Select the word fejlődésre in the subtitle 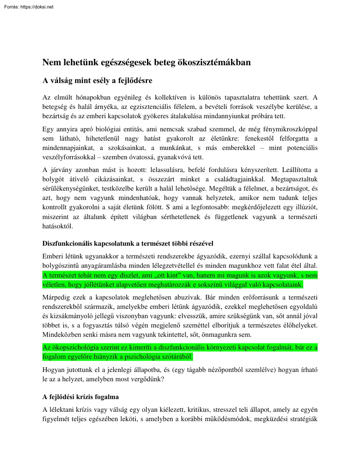tap(132, 80)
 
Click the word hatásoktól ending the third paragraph tap(58, 226)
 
